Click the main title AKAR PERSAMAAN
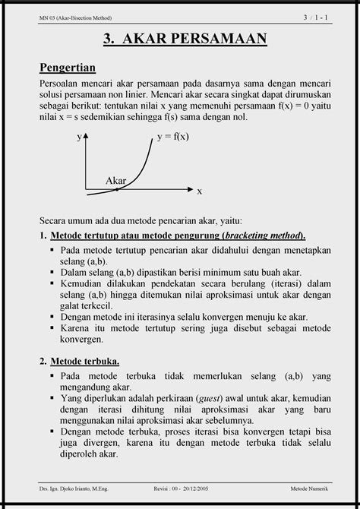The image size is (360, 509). tap(180, 38)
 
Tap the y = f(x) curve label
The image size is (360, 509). tap(173, 137)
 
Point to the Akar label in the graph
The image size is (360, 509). tap(115, 180)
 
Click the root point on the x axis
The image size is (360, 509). tap(117, 188)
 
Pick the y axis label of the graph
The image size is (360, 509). tap(78, 138)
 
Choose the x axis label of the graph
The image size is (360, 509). tap(200, 191)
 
